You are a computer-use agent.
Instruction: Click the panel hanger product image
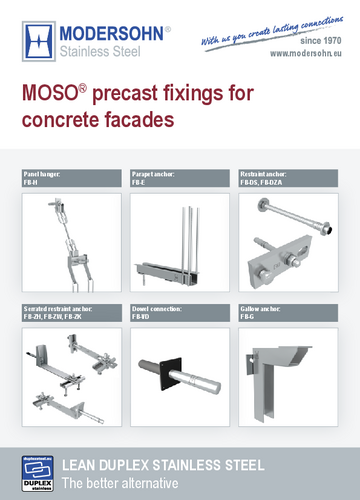tap(69, 239)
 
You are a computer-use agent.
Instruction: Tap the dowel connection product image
tap(179, 369)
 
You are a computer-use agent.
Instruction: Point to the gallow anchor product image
tap(289, 370)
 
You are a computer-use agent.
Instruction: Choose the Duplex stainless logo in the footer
tap(39, 469)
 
